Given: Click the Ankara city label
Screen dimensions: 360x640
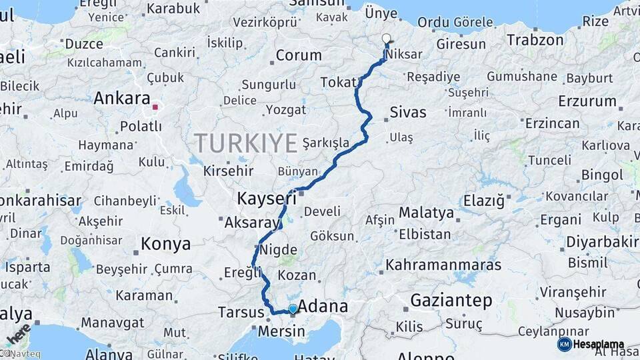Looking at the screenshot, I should click(x=121, y=99).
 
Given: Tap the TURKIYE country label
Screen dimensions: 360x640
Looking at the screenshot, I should click(x=245, y=143).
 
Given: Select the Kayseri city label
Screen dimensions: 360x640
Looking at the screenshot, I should click(x=267, y=198).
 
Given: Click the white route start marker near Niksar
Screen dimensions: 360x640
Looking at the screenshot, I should click(x=386, y=38).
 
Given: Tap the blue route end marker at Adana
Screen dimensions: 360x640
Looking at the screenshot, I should click(x=292, y=309).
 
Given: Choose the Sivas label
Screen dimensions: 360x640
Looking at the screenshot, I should click(x=408, y=111).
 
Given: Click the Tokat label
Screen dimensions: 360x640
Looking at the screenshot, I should click(x=339, y=82).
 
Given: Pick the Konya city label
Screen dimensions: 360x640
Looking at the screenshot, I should click(x=166, y=244).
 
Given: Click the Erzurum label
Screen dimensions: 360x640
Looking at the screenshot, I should click(x=587, y=101).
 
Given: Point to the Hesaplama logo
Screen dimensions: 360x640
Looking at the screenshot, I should click(x=591, y=344).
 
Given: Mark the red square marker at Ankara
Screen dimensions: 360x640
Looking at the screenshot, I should click(x=155, y=107).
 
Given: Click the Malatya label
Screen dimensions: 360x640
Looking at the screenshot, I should click(x=426, y=213).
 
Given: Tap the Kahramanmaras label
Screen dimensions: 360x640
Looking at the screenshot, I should click(x=443, y=265).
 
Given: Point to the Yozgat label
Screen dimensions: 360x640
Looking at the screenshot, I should click(x=285, y=110).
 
